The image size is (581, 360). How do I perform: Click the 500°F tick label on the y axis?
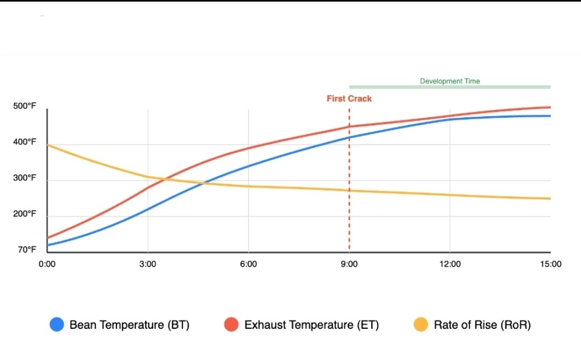click(24, 106)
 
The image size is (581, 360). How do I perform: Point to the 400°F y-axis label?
click(24, 142)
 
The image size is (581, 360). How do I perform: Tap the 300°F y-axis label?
click(24, 178)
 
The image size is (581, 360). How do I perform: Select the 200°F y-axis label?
click(24, 214)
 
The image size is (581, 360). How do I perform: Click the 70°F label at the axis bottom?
click(26, 250)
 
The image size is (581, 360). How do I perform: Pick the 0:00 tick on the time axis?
click(47, 264)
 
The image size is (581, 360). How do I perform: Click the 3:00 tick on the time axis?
click(147, 264)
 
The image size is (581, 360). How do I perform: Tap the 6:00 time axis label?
click(248, 264)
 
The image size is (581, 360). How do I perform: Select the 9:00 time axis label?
click(349, 264)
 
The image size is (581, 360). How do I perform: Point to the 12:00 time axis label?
click(450, 264)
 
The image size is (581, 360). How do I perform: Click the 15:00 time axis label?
click(550, 264)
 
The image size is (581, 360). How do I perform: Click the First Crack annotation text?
click(349, 98)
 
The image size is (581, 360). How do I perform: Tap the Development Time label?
click(450, 81)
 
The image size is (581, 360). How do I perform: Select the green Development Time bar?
click(450, 87)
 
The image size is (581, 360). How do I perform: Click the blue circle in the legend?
click(57, 324)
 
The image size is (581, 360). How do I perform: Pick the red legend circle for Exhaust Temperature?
click(231, 324)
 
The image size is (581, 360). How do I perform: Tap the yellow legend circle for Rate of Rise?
click(421, 324)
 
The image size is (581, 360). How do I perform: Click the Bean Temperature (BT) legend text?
click(130, 325)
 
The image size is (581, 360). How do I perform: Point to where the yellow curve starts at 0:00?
click(48, 145)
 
